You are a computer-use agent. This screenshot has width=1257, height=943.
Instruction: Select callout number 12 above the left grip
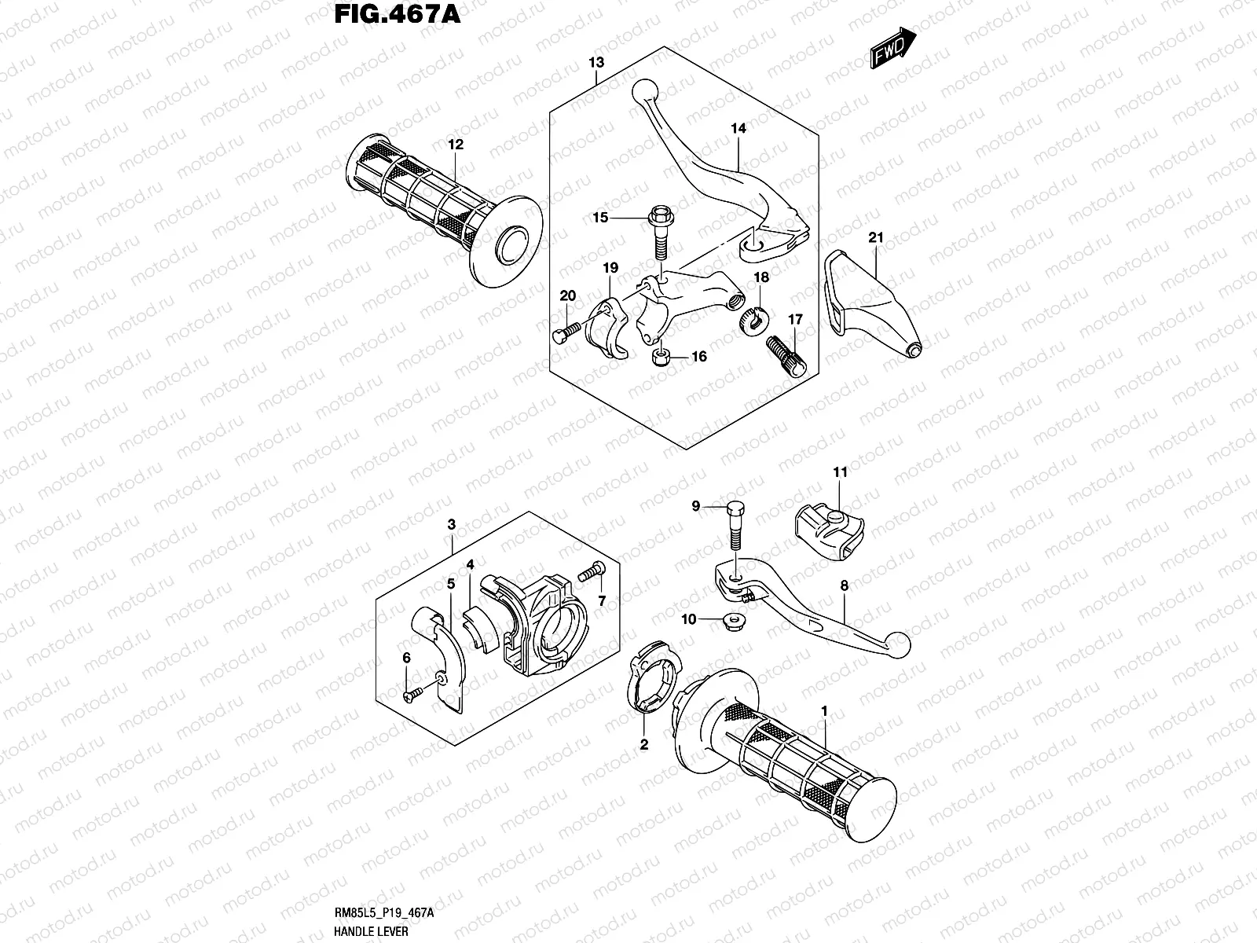pyautogui.click(x=456, y=145)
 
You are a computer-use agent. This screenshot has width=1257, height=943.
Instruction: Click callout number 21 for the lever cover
pyautogui.click(x=877, y=237)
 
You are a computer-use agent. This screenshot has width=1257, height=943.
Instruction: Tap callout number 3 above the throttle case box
pyautogui.click(x=452, y=524)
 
